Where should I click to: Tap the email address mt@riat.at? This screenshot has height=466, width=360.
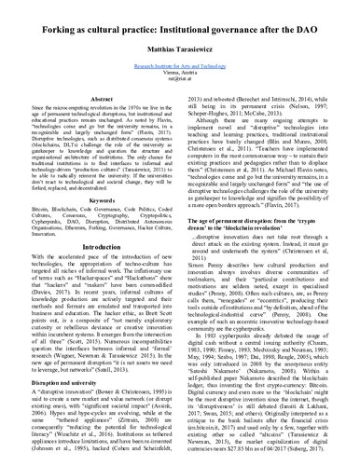[x=179, y=78]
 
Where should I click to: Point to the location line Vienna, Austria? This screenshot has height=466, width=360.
[x=179, y=72]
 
